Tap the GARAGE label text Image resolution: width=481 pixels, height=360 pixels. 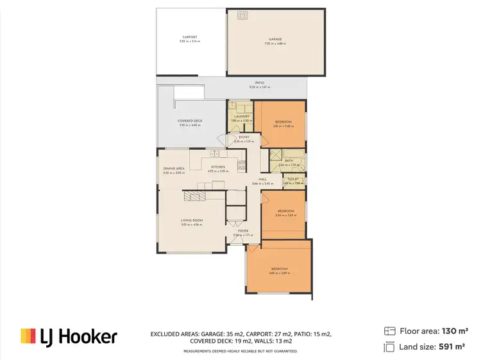274,39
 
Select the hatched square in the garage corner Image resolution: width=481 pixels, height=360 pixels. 242,15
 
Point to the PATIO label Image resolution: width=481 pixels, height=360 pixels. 260,83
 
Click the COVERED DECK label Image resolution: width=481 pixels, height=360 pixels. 190,121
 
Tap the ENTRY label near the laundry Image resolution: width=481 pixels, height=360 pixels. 244,137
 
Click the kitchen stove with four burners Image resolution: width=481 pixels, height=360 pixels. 242,165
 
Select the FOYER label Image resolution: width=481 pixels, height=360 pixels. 243,230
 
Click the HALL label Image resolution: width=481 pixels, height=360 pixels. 262,179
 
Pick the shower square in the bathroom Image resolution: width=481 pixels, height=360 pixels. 274,155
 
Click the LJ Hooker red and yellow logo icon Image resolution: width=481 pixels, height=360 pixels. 27,336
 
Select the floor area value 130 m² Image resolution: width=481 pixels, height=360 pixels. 455,331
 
